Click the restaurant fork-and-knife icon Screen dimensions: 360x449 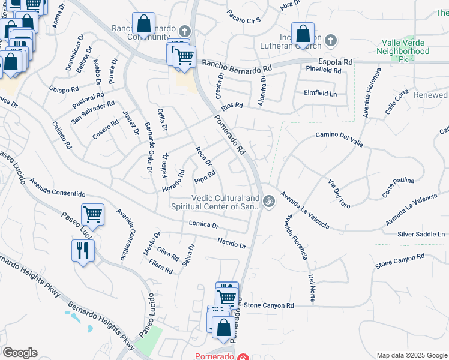[x=82, y=250]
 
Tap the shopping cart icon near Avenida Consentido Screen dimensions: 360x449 [x=92, y=214]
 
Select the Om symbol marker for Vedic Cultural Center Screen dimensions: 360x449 [x=268, y=202]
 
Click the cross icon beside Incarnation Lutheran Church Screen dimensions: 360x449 [x=331, y=41]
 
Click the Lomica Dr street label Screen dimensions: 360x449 [x=203, y=225]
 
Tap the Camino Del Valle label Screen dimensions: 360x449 [x=339, y=136]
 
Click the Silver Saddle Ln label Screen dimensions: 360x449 [x=423, y=233]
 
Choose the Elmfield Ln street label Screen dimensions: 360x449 [x=320, y=94]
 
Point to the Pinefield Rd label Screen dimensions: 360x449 [x=323, y=70]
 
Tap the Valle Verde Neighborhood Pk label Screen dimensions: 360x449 [x=406, y=52]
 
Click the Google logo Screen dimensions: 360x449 [x=20, y=353]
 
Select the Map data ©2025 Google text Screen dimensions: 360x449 [x=411, y=355]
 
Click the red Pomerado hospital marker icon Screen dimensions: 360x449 [x=243, y=357]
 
